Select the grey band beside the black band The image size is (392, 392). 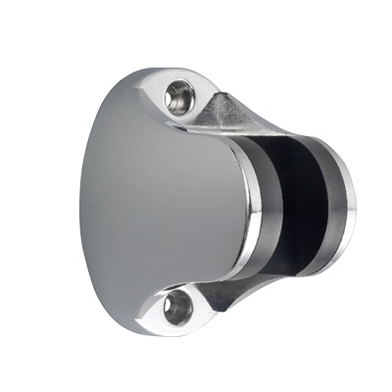(271, 201)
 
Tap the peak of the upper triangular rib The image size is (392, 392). (228, 95)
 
